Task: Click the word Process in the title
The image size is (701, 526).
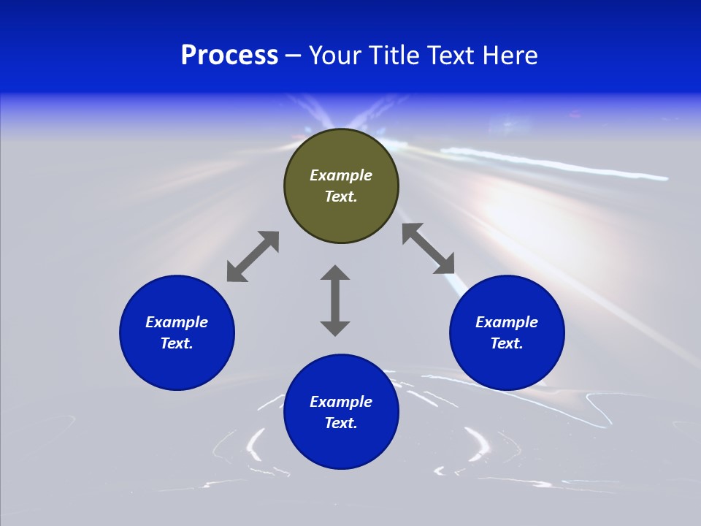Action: (x=229, y=56)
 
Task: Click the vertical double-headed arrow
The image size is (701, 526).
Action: (x=335, y=300)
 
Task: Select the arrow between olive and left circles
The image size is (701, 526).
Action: (x=253, y=256)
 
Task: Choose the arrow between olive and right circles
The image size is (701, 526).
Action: (x=429, y=249)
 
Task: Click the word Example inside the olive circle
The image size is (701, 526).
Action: (x=341, y=175)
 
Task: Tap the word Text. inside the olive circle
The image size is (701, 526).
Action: (x=341, y=197)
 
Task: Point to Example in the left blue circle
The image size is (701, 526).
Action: (x=177, y=322)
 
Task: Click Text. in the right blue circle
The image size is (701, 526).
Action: (x=507, y=343)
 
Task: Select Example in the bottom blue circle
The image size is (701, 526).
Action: (x=341, y=402)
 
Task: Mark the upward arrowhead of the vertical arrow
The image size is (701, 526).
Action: (x=335, y=273)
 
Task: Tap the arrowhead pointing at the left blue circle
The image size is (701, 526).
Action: (x=236, y=272)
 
